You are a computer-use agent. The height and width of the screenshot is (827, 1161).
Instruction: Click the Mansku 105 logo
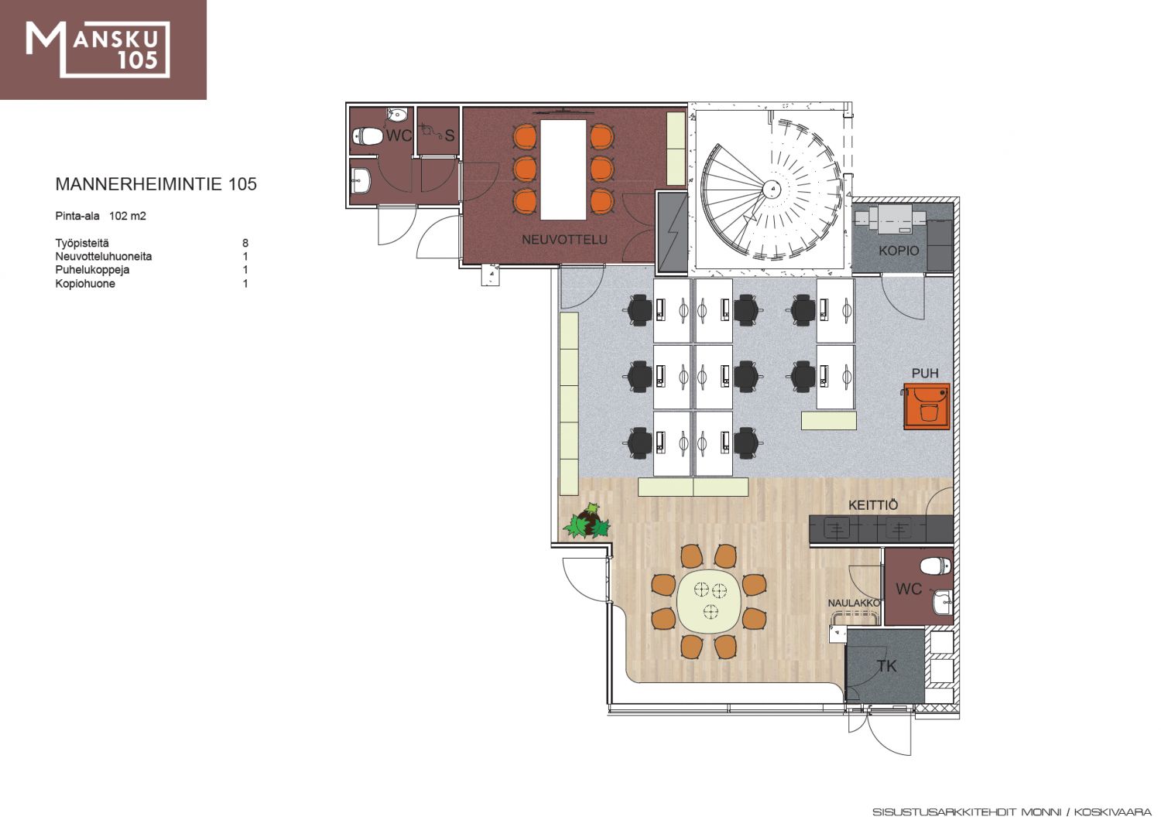click(98, 50)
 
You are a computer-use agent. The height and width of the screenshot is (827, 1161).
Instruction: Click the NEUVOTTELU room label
click(564, 239)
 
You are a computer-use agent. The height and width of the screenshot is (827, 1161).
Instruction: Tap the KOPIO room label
click(899, 251)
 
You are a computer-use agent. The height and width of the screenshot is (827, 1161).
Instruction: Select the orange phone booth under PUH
click(926, 406)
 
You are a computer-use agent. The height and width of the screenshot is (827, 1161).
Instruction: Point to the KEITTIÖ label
click(873, 504)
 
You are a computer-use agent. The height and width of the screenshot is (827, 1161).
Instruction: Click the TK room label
click(886, 666)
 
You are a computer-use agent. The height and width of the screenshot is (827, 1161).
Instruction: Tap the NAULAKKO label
click(854, 603)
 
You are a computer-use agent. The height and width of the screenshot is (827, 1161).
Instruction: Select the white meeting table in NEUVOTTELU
click(563, 169)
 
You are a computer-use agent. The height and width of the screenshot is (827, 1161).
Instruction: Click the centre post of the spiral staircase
click(772, 189)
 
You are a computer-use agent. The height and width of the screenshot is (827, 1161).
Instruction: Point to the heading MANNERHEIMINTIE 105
click(156, 184)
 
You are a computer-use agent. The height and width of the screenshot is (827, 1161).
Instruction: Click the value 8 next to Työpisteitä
click(245, 243)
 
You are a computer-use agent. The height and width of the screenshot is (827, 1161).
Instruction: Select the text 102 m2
click(128, 216)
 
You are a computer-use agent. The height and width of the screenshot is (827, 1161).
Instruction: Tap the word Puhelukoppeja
click(92, 270)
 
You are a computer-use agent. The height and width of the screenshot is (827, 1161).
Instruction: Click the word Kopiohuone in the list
click(85, 283)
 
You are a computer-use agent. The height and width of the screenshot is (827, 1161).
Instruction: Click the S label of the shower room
click(450, 135)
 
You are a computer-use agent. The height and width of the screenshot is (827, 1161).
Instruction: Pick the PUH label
click(925, 373)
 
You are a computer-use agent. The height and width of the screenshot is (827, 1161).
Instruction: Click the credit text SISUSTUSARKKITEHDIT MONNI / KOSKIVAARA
click(1012, 812)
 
